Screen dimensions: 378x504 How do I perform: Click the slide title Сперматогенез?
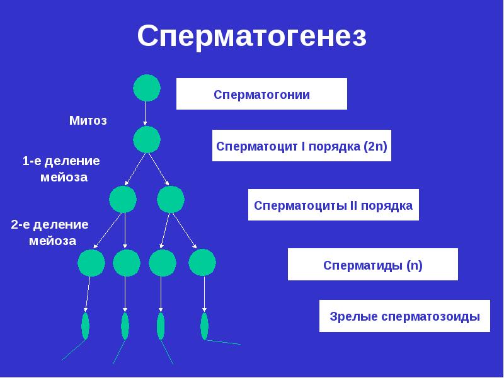click(x=251, y=37)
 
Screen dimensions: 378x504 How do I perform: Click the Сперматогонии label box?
click(x=261, y=94)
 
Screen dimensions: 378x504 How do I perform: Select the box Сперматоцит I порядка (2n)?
click(x=302, y=146)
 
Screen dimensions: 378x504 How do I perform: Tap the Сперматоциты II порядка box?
click(x=333, y=205)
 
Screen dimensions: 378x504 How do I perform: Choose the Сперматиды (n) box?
click(x=373, y=265)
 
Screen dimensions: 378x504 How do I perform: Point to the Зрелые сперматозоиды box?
click(x=409, y=316)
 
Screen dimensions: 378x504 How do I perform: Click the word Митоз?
click(x=88, y=120)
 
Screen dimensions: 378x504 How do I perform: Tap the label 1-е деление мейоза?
click(x=61, y=169)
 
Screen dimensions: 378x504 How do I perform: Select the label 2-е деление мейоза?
click(x=50, y=232)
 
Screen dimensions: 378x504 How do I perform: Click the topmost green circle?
click(x=146, y=88)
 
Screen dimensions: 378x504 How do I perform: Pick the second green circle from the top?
click(x=146, y=139)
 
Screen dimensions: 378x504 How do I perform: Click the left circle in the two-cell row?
click(x=123, y=200)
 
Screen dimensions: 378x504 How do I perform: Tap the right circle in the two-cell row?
click(x=170, y=200)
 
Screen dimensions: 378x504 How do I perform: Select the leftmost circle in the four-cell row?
click(x=91, y=262)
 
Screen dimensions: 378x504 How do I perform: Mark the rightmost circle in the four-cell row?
click(x=202, y=262)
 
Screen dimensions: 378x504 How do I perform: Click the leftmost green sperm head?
click(x=85, y=326)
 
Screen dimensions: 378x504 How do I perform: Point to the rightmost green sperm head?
click(x=204, y=326)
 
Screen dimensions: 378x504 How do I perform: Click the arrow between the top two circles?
click(x=146, y=113)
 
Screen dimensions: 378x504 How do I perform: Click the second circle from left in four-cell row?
click(x=126, y=262)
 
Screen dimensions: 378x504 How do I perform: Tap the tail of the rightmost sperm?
click(x=224, y=343)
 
